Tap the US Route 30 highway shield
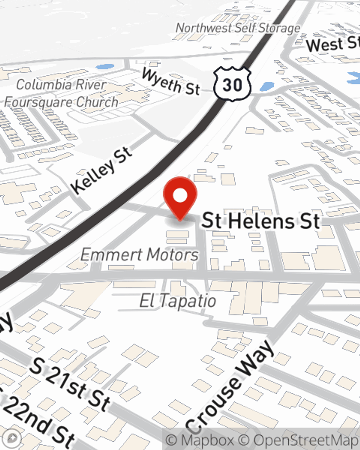point(232,84)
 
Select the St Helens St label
point(261,220)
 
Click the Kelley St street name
point(102,170)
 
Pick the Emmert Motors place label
point(139,255)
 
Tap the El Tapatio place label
point(177,301)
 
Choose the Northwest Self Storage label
point(238,28)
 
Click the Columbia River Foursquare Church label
point(61,94)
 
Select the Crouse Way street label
point(230,387)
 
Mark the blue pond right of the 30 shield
point(267,86)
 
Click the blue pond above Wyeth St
point(105,67)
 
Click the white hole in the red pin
point(180,196)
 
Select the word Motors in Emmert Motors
point(173,255)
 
